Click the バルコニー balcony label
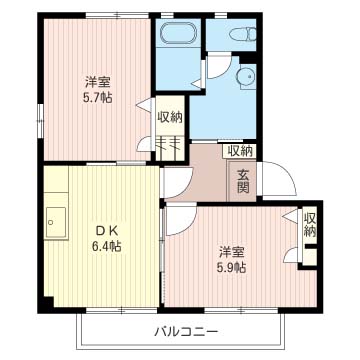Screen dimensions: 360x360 pyautogui.click(x=186, y=329)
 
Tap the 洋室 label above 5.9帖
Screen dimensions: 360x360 pyautogui.click(x=230, y=251)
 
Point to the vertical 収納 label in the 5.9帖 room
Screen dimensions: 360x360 pyautogui.click(x=309, y=225)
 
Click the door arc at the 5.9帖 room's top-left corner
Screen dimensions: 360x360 pyautogui.click(x=177, y=223)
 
